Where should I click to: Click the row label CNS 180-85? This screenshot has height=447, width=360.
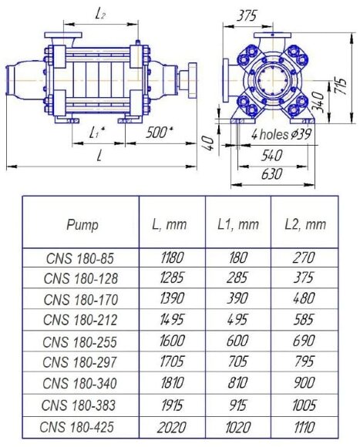79,259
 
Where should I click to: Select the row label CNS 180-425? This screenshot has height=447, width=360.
79,427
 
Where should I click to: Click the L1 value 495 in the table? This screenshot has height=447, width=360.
238,322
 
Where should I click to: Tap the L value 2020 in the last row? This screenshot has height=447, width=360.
171,427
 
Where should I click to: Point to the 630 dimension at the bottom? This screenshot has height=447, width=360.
272,174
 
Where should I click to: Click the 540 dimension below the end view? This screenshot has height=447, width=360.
273,155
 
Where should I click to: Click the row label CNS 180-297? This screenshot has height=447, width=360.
79,364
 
